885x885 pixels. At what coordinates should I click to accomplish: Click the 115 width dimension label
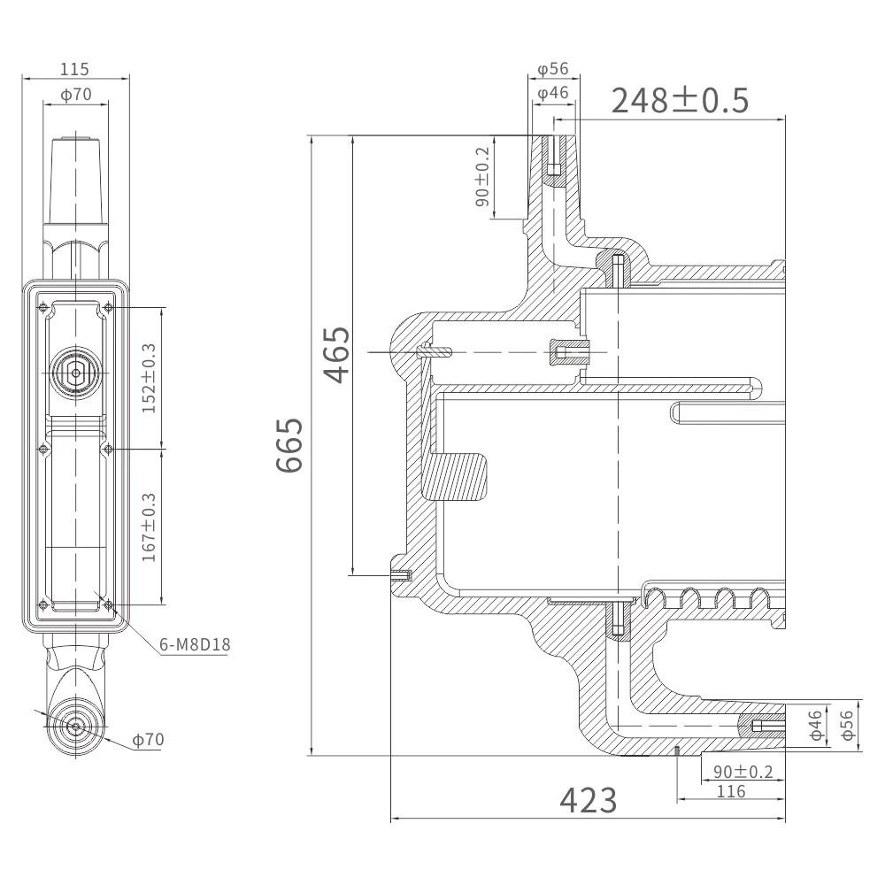74,69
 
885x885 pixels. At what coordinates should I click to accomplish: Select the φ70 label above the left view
75,95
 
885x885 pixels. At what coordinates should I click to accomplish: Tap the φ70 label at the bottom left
148,739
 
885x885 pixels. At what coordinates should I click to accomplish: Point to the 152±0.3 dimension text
149,378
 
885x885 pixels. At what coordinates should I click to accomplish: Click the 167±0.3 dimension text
149,527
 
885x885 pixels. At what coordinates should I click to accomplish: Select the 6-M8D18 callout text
196,644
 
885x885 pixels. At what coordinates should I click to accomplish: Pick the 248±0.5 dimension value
680,101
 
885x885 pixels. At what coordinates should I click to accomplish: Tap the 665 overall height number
289,445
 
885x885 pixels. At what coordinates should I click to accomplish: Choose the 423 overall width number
589,800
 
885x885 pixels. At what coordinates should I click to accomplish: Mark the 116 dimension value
731,791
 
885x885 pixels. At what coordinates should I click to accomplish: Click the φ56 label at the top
552,69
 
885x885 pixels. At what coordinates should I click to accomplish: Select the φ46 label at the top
552,93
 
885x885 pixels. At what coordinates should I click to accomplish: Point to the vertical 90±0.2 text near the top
482,177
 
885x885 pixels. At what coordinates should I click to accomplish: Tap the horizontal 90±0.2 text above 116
743,772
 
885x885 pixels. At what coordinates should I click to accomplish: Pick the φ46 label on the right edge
815,725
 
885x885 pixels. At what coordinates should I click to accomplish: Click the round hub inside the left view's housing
75,373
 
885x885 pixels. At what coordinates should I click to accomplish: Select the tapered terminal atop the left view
76,180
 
